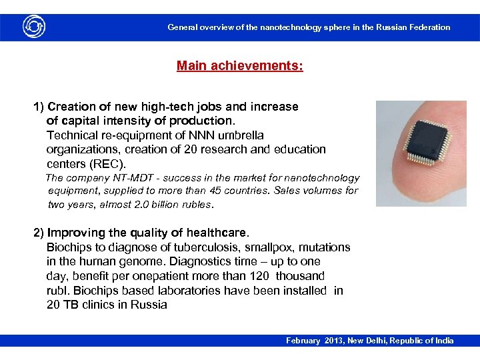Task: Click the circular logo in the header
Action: [34, 27]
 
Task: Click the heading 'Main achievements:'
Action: [239, 66]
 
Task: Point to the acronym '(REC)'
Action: [106, 163]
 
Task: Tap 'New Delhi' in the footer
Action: [363, 341]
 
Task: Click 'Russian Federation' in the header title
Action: [413, 27]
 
